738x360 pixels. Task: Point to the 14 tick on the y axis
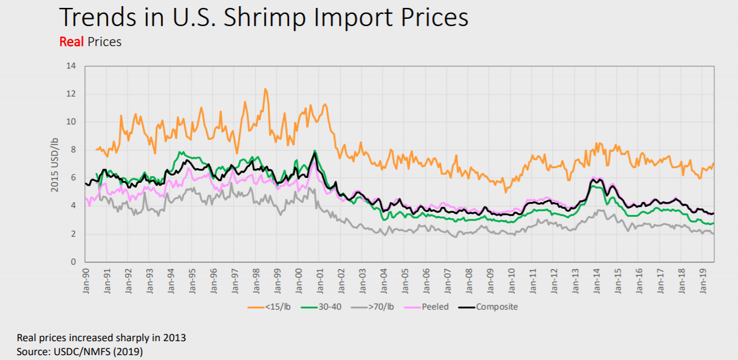[71, 66]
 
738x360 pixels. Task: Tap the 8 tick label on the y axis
[73, 150]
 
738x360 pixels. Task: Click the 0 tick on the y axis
[73, 262]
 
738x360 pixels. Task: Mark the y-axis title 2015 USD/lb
[55, 164]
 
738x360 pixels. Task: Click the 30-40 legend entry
[329, 307]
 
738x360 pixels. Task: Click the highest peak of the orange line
[265, 89]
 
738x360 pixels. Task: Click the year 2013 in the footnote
[175, 338]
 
